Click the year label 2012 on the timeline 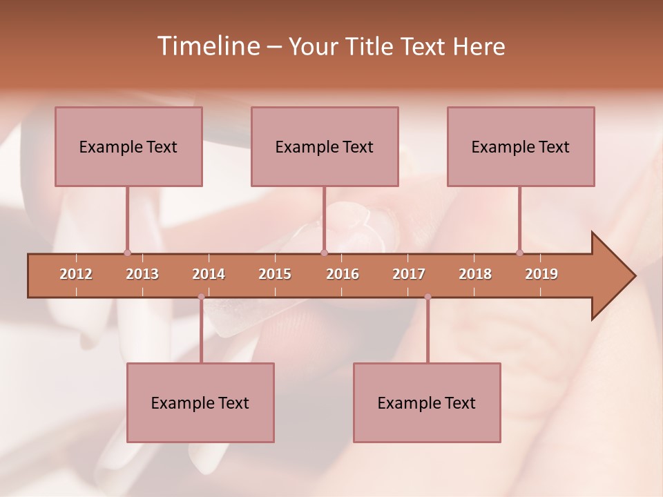[x=76, y=274]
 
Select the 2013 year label [x=142, y=274]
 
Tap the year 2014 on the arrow [x=209, y=274]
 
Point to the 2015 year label [x=275, y=274]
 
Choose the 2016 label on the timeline [x=343, y=274]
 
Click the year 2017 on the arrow [x=409, y=274]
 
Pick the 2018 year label [x=475, y=274]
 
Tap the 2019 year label [x=541, y=274]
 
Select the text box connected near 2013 [x=128, y=146]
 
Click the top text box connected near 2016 [x=325, y=146]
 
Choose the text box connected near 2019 [x=521, y=146]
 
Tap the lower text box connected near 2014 [x=200, y=402]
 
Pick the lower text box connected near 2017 [x=427, y=402]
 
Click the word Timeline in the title [x=207, y=46]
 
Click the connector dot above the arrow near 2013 [x=127, y=253]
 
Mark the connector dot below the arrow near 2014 [x=201, y=297]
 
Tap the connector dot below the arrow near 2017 [x=427, y=297]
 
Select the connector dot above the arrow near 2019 [x=519, y=253]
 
